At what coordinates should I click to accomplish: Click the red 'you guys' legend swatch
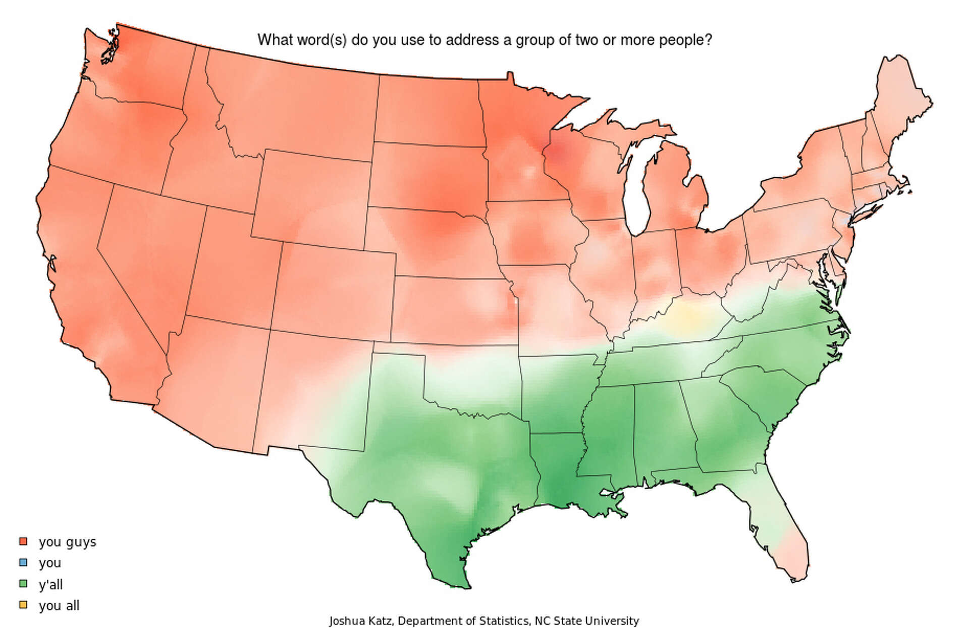(x=23, y=541)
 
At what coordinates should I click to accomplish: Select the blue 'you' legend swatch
(x=23, y=562)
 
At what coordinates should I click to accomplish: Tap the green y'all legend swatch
(x=23, y=584)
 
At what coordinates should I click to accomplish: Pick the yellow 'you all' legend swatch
(x=23, y=605)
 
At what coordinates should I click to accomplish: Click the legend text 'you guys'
(x=67, y=542)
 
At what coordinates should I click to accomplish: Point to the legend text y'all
(x=50, y=585)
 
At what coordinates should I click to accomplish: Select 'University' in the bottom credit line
(x=615, y=620)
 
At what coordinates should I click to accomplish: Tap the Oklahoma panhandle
(x=399, y=348)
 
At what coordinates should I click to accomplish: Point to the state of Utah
(x=230, y=263)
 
